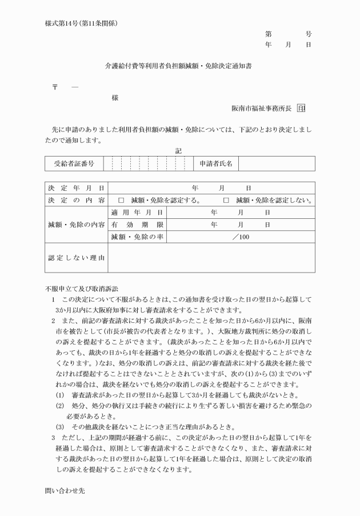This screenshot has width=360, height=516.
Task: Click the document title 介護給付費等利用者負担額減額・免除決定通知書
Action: point(179,66)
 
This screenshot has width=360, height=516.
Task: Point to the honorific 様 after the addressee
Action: point(115,98)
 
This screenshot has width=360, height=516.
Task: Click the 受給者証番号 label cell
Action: point(74,164)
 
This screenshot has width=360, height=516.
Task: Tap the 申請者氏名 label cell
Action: point(215,164)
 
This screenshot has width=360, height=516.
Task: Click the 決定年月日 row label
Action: point(76,187)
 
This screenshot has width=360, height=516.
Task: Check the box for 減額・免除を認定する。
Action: point(121,201)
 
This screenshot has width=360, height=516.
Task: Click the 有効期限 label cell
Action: point(137,225)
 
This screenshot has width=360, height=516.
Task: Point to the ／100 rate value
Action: point(241,237)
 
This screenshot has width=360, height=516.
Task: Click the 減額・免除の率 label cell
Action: point(137,237)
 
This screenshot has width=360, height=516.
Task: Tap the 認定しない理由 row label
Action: point(76,258)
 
